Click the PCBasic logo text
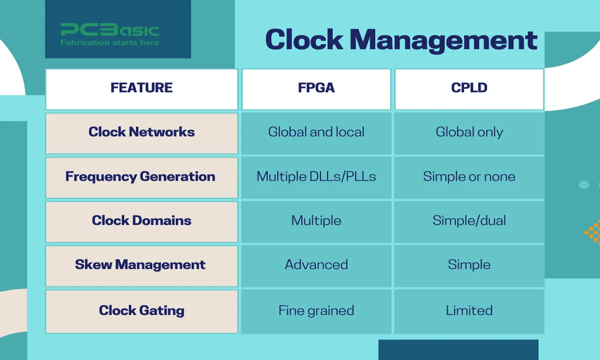[110, 30]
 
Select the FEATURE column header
[142, 88]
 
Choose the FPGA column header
[316, 88]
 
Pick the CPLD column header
[469, 88]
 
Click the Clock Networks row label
[142, 132]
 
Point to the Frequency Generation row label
[141, 176]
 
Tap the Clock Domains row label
[142, 220]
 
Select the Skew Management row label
[141, 264]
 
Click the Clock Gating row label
[142, 310]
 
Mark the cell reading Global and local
[316, 132]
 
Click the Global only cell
[469, 132]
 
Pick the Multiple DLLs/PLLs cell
[316, 176]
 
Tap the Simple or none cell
[469, 176]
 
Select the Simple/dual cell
[469, 220]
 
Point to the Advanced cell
[316, 264]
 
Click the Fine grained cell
[316, 310]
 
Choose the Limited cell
[469, 310]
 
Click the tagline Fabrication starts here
[110, 43]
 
